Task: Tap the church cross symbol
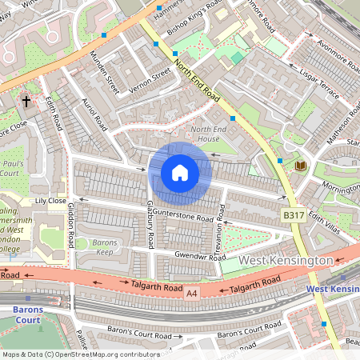pos(26,102)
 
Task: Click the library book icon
pos(301,166)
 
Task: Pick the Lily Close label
pos(50,201)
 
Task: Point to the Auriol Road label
pos(94,115)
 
